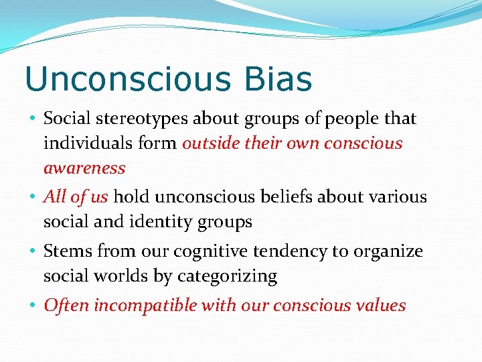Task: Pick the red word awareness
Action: (84, 168)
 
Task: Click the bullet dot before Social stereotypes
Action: (33, 119)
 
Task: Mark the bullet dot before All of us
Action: (33, 197)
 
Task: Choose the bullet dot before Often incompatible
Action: (33, 306)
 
